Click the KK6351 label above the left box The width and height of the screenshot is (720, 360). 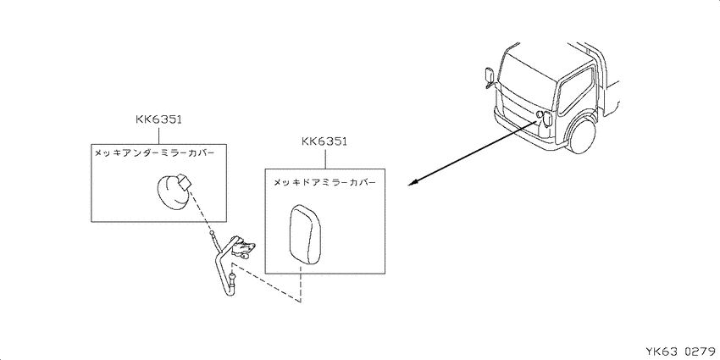tap(159, 119)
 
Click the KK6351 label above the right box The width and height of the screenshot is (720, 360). tap(324, 141)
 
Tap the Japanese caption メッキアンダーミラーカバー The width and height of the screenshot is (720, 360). tap(154, 153)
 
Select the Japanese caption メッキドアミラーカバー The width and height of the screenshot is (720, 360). tap(325, 182)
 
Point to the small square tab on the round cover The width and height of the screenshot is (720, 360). tap(184, 182)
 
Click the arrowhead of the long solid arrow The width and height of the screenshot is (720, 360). tap(413, 184)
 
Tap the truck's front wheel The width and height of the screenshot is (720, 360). tap(583, 135)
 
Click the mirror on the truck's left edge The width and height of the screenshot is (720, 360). tap(489, 75)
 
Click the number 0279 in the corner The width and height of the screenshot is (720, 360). tap(700, 352)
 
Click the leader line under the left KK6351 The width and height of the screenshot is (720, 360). tap(159, 135)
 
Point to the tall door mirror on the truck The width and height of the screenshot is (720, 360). tap(548, 119)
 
